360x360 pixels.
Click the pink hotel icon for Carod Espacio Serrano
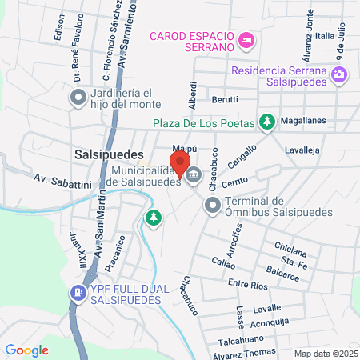coord(246,40)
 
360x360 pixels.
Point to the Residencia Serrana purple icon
coord(340,75)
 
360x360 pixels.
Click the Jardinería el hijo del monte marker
coord(78,99)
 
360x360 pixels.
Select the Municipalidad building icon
coord(194,173)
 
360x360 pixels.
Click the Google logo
coord(26,350)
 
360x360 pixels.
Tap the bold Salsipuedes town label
coord(107,154)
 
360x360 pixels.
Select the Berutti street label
coord(225,99)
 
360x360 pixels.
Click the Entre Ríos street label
coord(248,283)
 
